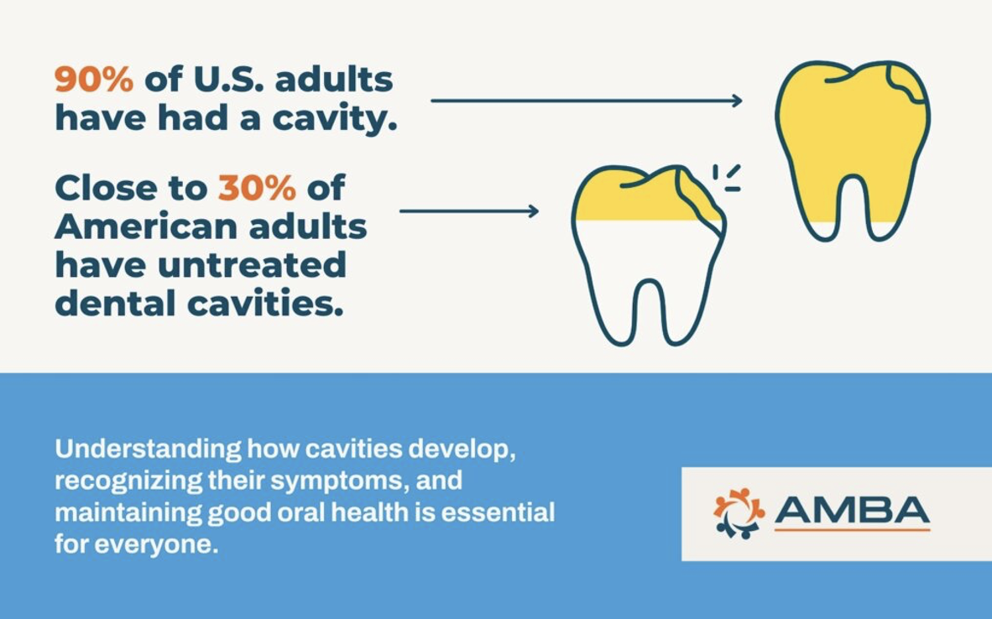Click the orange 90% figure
93,80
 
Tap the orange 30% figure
257,189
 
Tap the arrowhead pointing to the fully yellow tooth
736,101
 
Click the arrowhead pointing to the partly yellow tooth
532,211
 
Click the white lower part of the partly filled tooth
646,260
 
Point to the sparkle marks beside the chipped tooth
727,178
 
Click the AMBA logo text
851,509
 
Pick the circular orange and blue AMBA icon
739,512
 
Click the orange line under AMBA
851,530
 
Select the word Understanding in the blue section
147,449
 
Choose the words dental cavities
199,304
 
